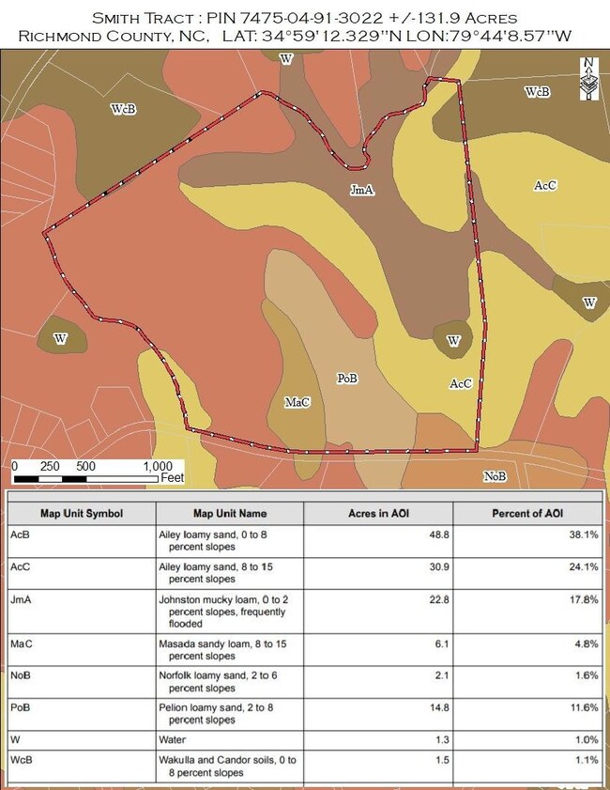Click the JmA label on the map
click(362, 190)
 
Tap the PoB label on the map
click(348, 379)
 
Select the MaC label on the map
click(297, 402)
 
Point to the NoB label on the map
click(496, 476)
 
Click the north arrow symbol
click(588, 79)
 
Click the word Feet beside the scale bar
click(172, 478)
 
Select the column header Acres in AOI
click(377, 514)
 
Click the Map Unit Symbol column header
click(81, 514)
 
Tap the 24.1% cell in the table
click(584, 567)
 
